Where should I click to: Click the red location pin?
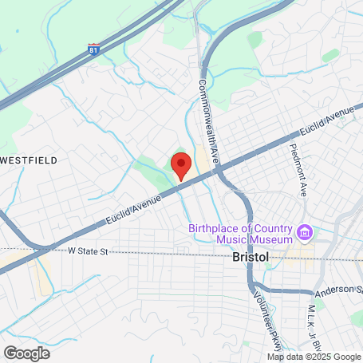pyautogui.click(x=181, y=165)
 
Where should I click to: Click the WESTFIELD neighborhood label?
pyautogui.click(x=29, y=160)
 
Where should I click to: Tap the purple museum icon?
pyautogui.click(x=303, y=232)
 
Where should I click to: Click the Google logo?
pyautogui.click(x=26, y=352)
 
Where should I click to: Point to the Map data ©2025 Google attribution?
pyautogui.click(x=314, y=356)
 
